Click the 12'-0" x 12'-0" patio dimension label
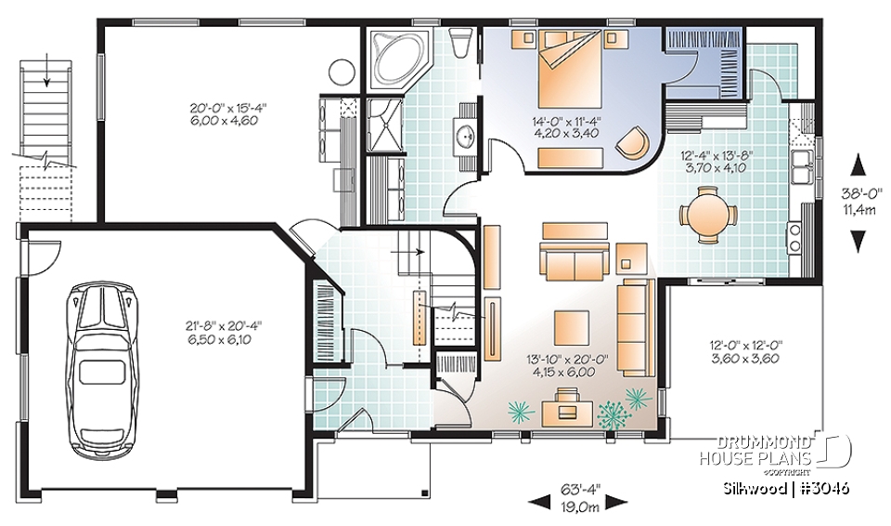click(x=740, y=351)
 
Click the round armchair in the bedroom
click(x=635, y=141)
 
